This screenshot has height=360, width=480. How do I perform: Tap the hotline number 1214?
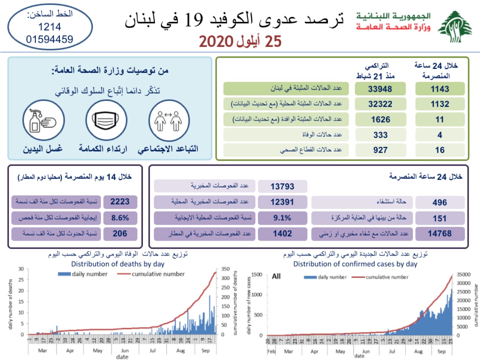pyautogui.click(x=49, y=27)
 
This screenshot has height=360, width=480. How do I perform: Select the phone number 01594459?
pyautogui.click(x=49, y=39)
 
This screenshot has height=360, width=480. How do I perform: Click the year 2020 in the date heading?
pyautogui.click(x=216, y=42)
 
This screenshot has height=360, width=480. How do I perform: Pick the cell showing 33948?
pyautogui.click(x=380, y=89)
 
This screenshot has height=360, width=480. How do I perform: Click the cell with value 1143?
pyautogui.click(x=439, y=89)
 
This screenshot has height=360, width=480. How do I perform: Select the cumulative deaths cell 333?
pyautogui.click(x=380, y=135)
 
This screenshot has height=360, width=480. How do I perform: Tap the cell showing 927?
pyautogui.click(x=380, y=150)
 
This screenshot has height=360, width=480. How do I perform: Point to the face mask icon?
pyautogui.click(x=106, y=120)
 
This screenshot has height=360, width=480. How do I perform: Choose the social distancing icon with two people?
pyautogui.click(x=169, y=120)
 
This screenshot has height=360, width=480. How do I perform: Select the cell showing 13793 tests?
pyautogui.click(x=282, y=186)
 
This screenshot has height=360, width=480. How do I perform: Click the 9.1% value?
pyautogui.click(x=282, y=217)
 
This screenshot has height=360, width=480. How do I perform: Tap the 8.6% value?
pyautogui.click(x=120, y=217)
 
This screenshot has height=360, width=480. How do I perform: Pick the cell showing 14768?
pyautogui.click(x=439, y=234)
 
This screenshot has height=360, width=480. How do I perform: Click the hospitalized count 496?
pyautogui.click(x=439, y=202)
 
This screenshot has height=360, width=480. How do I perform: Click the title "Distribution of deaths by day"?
pyautogui.click(x=118, y=264)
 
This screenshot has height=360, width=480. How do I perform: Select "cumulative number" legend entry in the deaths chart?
pyautogui.click(x=158, y=274)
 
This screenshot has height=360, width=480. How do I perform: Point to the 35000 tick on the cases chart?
pyautogui.click(x=463, y=274)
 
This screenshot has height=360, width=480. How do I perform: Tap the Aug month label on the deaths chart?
pyautogui.click(x=180, y=351)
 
